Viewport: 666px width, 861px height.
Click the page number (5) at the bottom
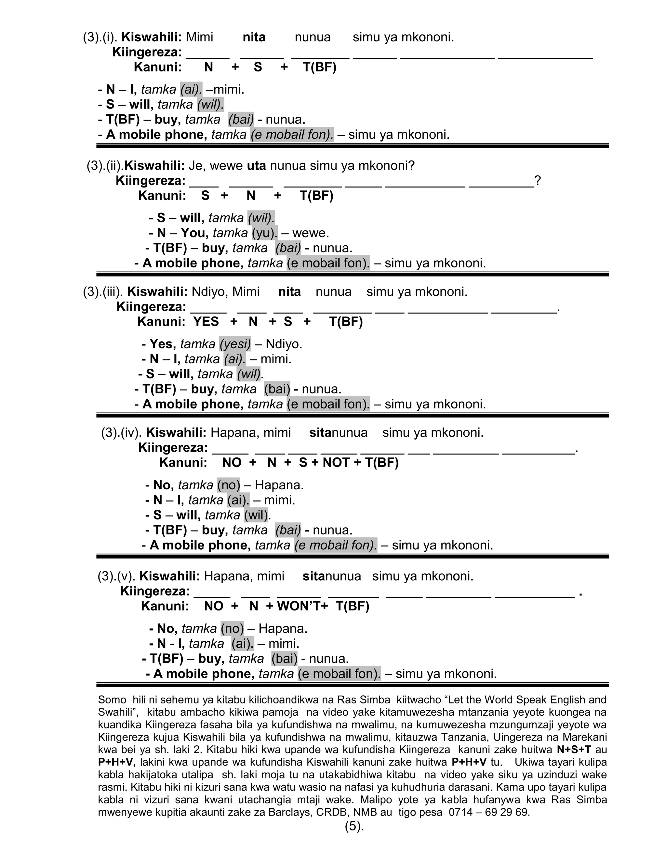[354, 826]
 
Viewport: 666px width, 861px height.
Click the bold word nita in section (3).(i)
[254, 37]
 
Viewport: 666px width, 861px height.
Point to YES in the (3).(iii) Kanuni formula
[206, 322]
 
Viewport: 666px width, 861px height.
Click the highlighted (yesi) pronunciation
[235, 344]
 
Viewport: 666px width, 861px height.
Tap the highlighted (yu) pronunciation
[264, 233]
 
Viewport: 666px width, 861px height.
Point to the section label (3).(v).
[116, 576]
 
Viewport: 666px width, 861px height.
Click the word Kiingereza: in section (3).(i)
[147, 52]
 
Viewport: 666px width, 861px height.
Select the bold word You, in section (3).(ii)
[194, 233]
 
